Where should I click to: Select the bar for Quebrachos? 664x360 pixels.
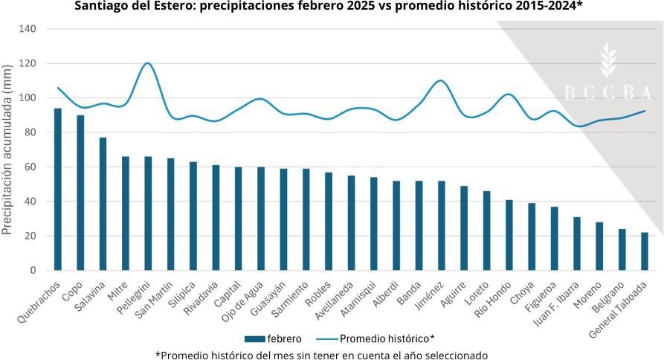tap(58, 190)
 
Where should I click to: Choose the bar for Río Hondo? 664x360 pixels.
tap(509, 235)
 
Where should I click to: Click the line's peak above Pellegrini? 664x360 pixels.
tap(147, 63)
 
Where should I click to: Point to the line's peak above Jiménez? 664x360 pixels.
tap(441, 80)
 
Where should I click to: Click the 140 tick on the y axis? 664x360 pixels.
tap(28, 29)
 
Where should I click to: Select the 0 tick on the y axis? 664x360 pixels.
tap(33, 271)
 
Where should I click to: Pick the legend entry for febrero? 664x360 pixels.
tap(272, 337)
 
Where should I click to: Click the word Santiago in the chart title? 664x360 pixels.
tap(103, 7)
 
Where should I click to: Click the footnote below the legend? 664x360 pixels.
tap(321, 354)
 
